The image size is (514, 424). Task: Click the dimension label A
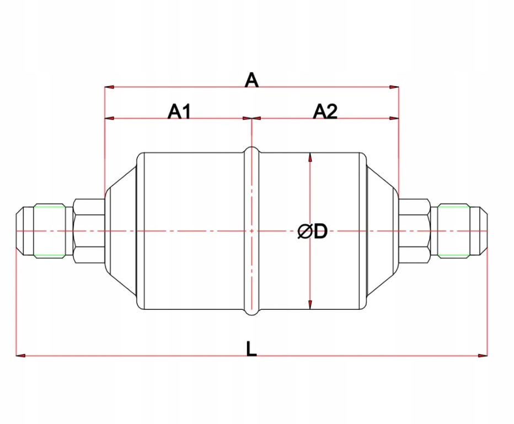click(251, 80)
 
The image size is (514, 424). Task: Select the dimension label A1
click(179, 112)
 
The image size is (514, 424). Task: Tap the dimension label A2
click(325, 112)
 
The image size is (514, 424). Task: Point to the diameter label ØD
click(312, 232)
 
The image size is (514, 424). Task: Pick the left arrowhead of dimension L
click(20, 356)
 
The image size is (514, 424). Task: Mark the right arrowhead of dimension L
click(483, 356)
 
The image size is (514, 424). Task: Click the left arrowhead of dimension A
click(109, 87)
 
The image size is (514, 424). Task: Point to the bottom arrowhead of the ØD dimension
click(310, 304)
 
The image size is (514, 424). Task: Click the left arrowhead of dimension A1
click(109, 118)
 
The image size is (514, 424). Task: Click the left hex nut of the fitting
click(89, 230)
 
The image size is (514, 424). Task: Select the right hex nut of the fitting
click(415, 230)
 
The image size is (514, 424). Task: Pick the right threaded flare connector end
click(461, 230)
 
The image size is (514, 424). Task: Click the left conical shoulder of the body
click(121, 230)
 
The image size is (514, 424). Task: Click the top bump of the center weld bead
click(251, 149)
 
